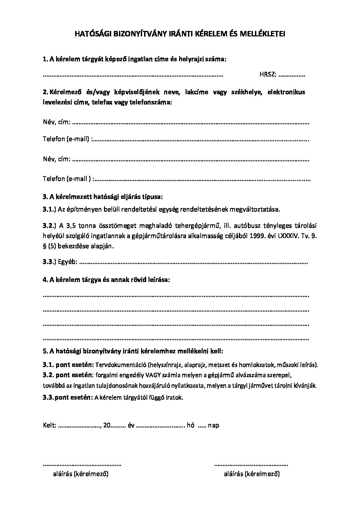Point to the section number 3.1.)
tap(50, 209)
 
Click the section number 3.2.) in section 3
tap(50, 225)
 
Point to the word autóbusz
tap(247, 225)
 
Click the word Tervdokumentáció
tap(121, 365)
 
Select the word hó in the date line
tap(191, 425)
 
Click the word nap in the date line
tap(213, 425)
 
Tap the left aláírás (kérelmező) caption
tap(81, 474)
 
